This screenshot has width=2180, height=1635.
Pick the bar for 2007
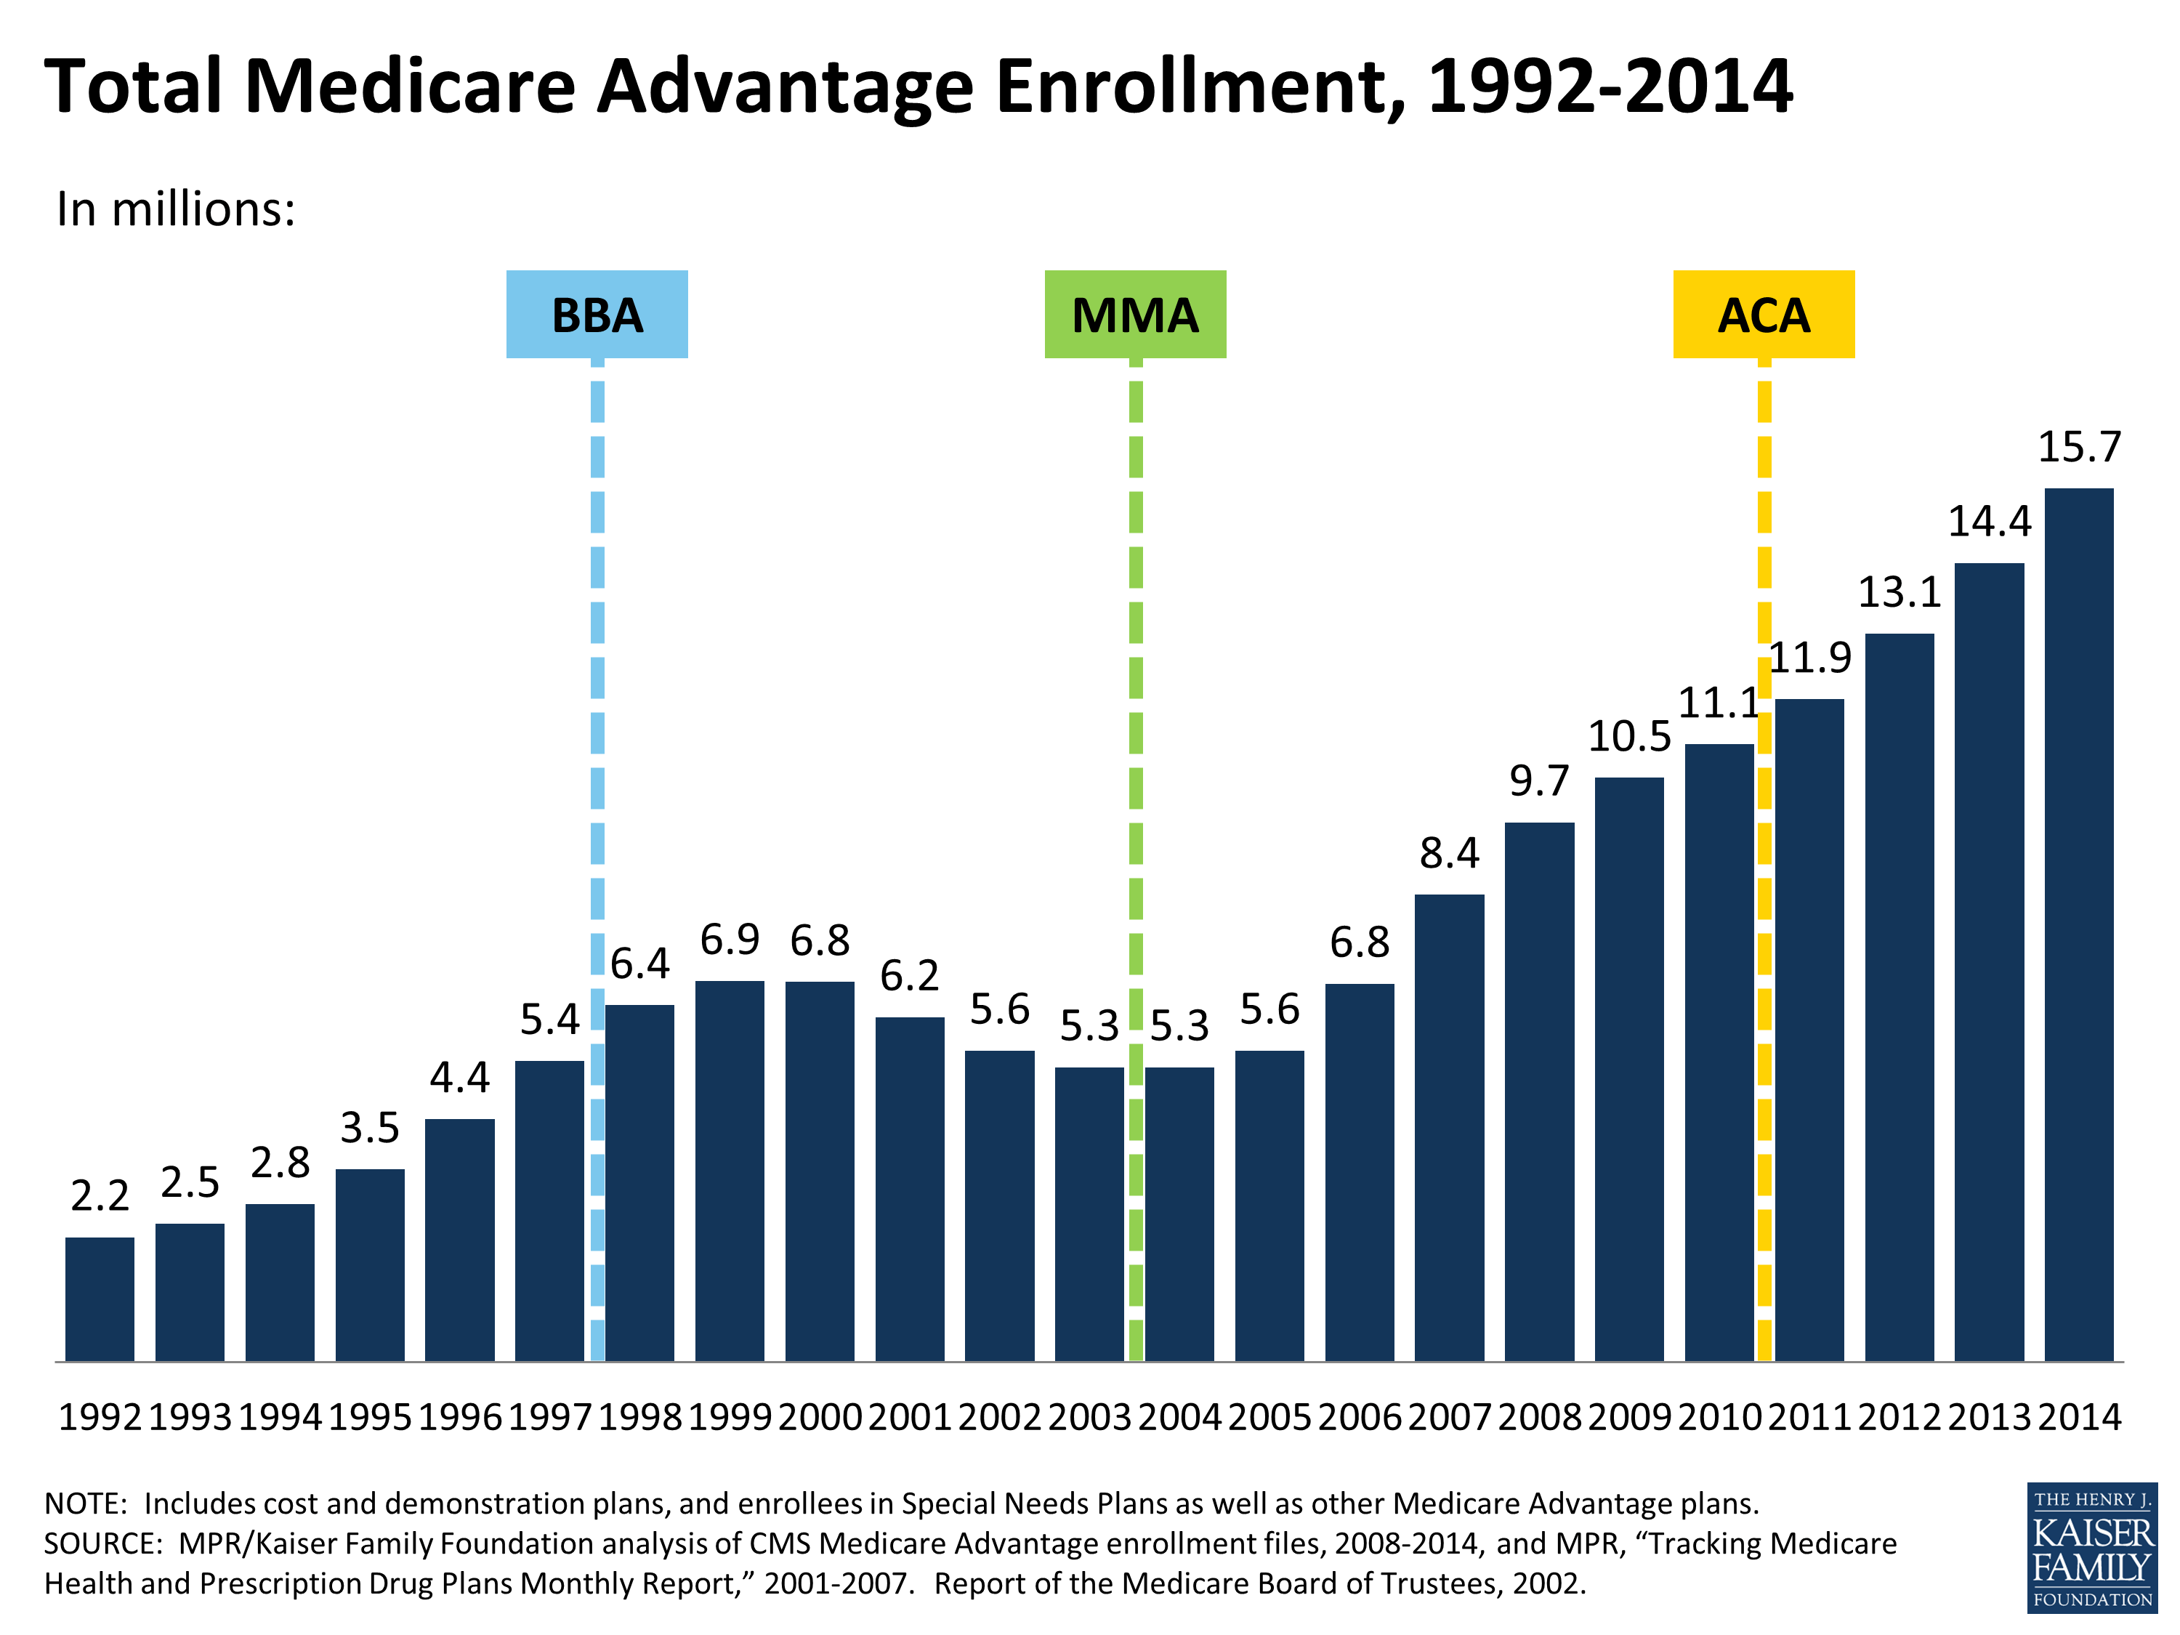point(1449,1128)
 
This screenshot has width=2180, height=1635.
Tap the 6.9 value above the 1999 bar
point(730,939)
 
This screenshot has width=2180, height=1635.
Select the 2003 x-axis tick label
point(1089,1417)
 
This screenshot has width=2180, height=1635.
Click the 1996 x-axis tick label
point(459,1417)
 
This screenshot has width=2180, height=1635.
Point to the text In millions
point(175,209)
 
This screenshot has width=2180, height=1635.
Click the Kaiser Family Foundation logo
point(2091,1547)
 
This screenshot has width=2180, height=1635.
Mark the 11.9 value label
point(1809,658)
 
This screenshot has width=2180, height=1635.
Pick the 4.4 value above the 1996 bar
point(459,1078)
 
